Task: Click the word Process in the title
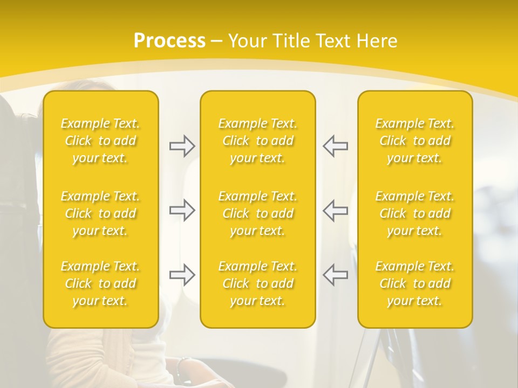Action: coord(169,41)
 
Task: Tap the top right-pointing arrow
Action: coord(182,146)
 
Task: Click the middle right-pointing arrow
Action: coord(182,210)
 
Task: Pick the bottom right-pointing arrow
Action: coord(182,275)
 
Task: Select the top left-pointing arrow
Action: coord(335,146)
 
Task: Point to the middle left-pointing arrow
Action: coord(335,210)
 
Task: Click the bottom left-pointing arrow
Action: coord(335,275)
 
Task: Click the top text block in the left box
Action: coord(100,141)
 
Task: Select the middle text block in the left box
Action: coord(100,213)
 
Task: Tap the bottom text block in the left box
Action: coord(100,283)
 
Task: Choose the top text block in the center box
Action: coord(257,141)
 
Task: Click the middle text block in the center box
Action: coord(257,213)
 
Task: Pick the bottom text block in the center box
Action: coord(257,283)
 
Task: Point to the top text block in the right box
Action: coord(414,141)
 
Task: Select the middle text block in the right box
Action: coord(414,213)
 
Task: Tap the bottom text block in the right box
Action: coord(414,283)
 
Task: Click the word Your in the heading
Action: coord(246,41)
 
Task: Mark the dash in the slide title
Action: coord(216,41)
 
